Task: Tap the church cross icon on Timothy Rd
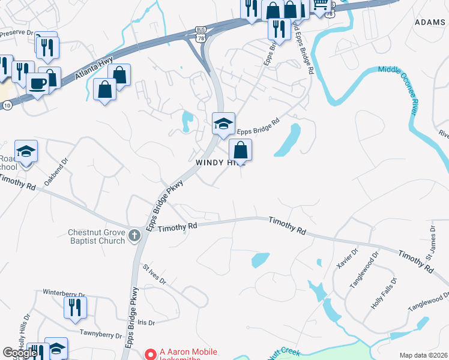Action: point(134,236)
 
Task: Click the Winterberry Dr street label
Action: point(64,293)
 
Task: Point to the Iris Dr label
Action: point(146,322)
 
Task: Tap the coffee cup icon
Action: point(37,83)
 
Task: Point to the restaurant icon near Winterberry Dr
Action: point(76,307)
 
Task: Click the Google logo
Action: point(20,353)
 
